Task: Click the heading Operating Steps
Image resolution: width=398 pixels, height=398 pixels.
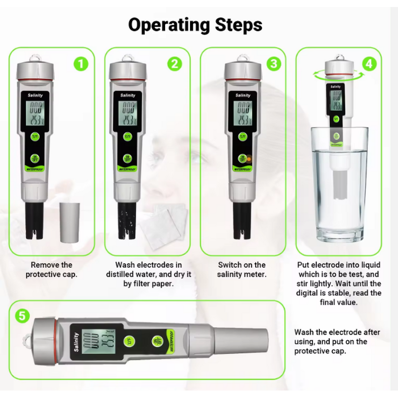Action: click(x=195, y=25)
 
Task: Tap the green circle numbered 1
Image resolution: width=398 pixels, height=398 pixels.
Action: click(x=81, y=64)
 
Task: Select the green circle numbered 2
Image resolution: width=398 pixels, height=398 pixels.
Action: click(x=175, y=64)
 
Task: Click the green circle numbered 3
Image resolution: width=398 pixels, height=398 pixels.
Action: click(x=273, y=64)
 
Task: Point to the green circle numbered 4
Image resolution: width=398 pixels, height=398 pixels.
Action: click(x=369, y=64)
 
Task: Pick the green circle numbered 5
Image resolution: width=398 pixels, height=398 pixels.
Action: click(x=21, y=315)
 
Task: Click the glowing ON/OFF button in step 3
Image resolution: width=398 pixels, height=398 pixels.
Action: click(x=244, y=158)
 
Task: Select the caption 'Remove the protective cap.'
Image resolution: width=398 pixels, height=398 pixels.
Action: click(x=51, y=270)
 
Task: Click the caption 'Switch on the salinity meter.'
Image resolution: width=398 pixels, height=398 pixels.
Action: click(x=242, y=270)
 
